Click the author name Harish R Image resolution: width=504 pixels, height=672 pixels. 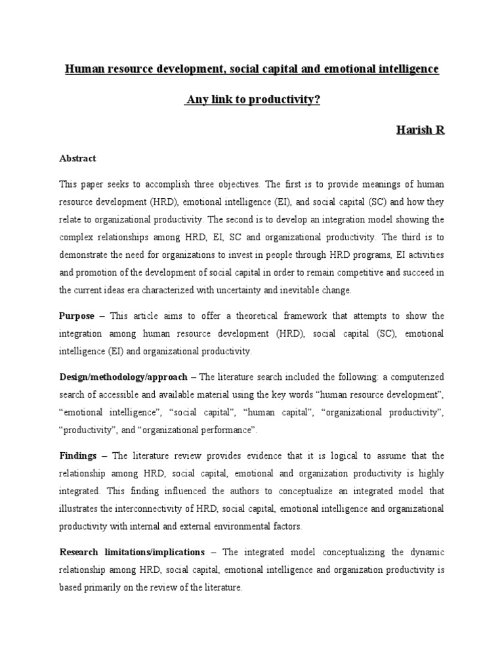point(420,130)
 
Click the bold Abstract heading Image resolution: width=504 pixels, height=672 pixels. point(77,158)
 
